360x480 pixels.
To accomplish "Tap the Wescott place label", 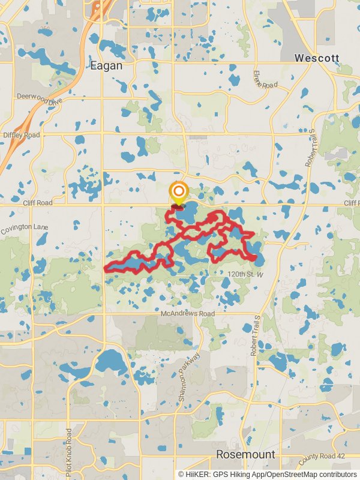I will (x=317, y=58).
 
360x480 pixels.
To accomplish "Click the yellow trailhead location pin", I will (x=178, y=194).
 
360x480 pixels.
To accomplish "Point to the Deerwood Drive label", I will (x=39, y=98).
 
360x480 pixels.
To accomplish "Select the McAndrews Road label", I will (x=188, y=314).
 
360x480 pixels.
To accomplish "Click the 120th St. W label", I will (x=245, y=274).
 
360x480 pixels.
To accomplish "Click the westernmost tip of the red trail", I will (x=106, y=269).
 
